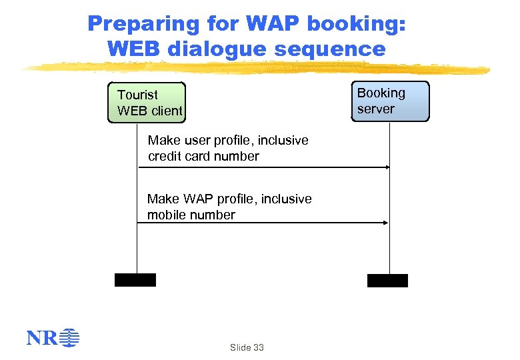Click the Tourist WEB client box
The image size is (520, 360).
(x=147, y=103)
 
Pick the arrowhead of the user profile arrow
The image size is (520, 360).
(x=387, y=167)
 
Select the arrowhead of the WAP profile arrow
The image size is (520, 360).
(x=387, y=223)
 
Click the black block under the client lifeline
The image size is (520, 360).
(x=135, y=280)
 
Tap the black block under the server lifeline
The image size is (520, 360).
(x=387, y=281)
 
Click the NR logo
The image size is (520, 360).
(x=53, y=339)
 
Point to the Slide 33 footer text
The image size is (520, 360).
(x=247, y=347)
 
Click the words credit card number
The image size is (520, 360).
(x=203, y=157)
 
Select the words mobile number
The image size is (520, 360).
(x=191, y=215)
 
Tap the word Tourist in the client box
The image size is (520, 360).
(x=138, y=95)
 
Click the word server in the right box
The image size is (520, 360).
(x=376, y=109)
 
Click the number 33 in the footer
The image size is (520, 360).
(x=258, y=347)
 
